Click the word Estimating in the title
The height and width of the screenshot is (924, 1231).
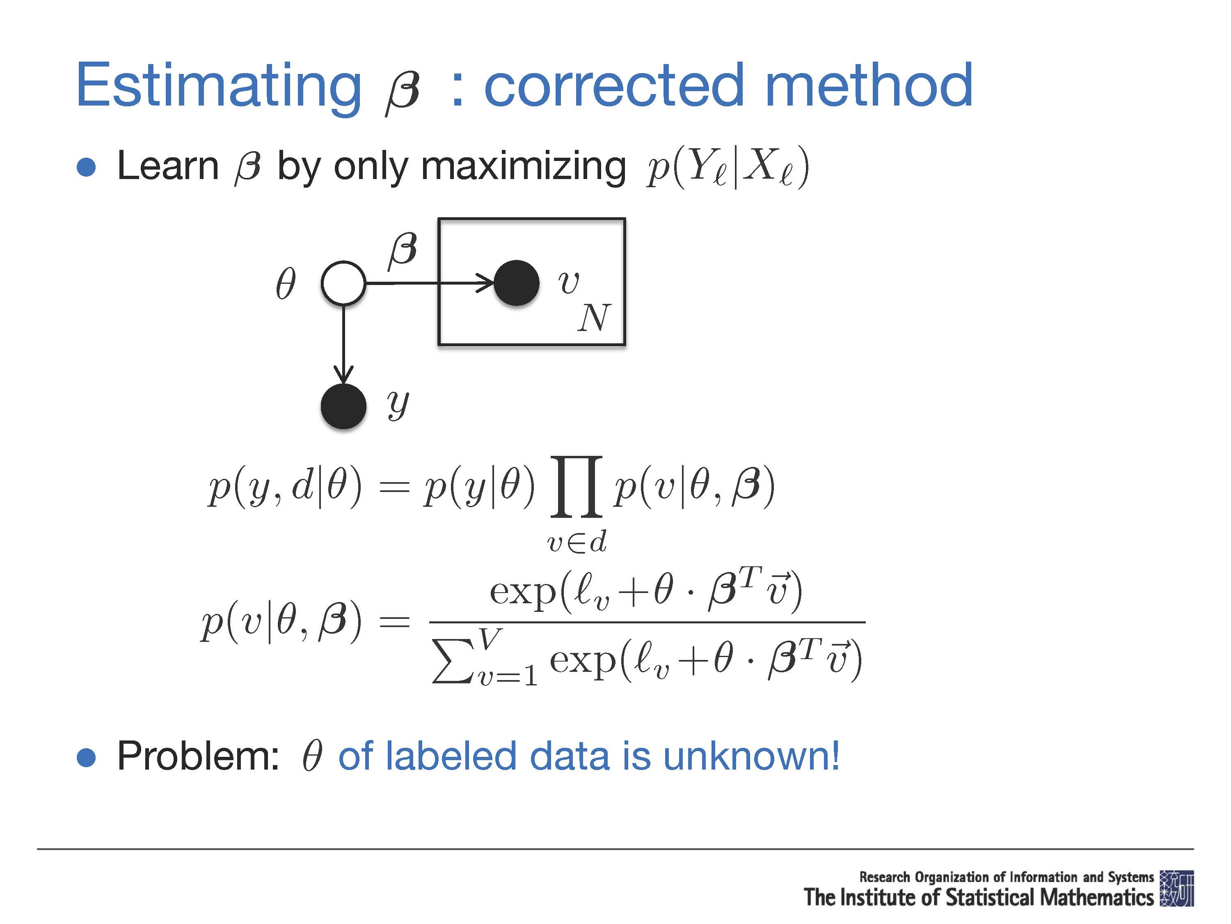[x=219, y=86]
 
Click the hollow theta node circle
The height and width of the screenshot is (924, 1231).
[x=343, y=283]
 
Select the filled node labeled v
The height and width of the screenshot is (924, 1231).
[x=517, y=283]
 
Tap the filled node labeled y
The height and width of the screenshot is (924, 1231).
[x=343, y=407]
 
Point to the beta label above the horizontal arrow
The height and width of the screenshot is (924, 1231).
[x=403, y=250]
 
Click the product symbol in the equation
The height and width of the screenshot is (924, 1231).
[x=577, y=486]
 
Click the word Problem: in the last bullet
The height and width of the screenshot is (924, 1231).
[x=198, y=756]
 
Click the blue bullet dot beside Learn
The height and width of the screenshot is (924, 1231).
[x=86, y=167]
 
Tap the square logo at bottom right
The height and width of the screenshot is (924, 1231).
[x=1177, y=888]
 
